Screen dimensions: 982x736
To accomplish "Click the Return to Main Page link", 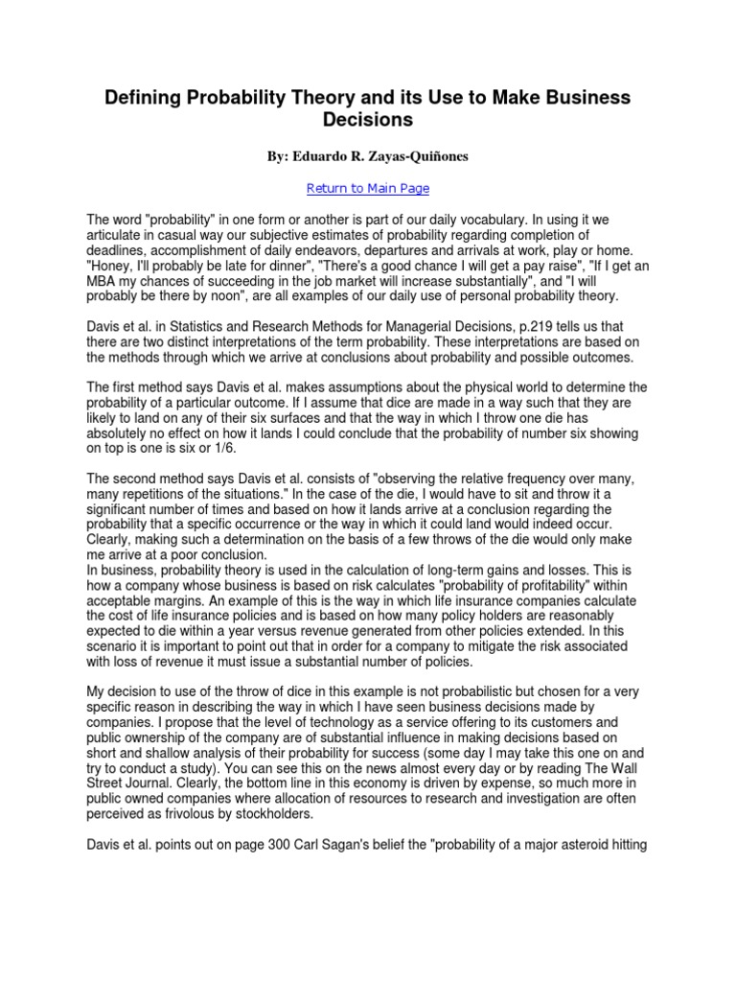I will coord(368,188).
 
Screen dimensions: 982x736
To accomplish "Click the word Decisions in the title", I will coord(368,121).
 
